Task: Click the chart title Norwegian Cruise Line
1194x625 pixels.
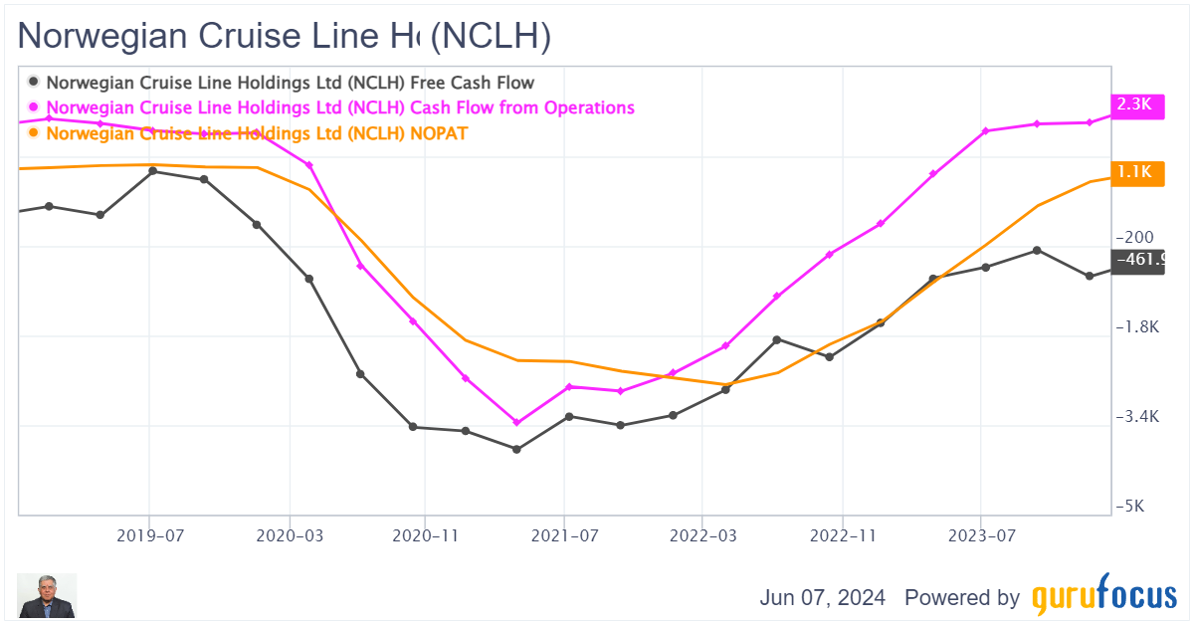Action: pyautogui.click(x=285, y=36)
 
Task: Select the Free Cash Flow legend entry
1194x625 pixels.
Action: pyautogui.click(x=290, y=83)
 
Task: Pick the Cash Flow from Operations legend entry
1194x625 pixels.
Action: pyautogui.click(x=339, y=107)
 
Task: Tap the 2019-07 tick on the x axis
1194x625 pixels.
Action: pyautogui.click(x=149, y=535)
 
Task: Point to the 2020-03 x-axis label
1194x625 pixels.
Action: pyautogui.click(x=290, y=535)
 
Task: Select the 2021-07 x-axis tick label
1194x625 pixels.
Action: pyautogui.click(x=564, y=535)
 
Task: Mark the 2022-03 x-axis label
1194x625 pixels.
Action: pyautogui.click(x=701, y=535)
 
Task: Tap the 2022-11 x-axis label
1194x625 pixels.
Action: pyautogui.click(x=842, y=535)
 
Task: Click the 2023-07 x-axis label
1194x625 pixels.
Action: pyautogui.click(x=982, y=535)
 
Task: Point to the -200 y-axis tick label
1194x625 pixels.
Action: pyautogui.click(x=1135, y=238)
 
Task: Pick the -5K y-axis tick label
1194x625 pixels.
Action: pyautogui.click(x=1131, y=507)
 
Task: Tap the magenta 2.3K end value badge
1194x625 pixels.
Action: pyautogui.click(x=1135, y=104)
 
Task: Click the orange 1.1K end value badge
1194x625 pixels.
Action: pyautogui.click(x=1135, y=172)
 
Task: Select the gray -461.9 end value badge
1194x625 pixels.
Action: pyautogui.click(x=1137, y=261)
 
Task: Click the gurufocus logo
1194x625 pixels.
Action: pyautogui.click(x=1103, y=597)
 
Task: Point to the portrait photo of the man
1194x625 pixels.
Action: pyautogui.click(x=47, y=596)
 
